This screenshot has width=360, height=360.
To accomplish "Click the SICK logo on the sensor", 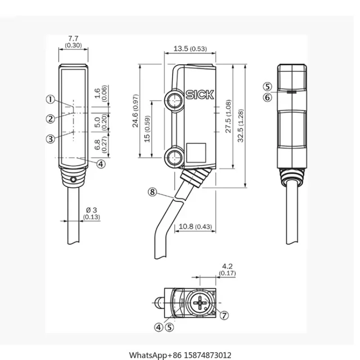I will coord(200,95).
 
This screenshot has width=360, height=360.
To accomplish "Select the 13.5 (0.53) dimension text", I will coord(190,49).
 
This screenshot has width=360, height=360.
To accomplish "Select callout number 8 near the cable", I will coord(153,192).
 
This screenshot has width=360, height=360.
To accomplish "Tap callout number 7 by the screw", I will coord(224,315).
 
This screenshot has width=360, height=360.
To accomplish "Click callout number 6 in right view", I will coord(268,97).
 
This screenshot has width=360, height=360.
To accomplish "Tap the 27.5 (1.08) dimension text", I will coord(229,116).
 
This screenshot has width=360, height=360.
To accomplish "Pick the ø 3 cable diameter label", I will coord(92,213).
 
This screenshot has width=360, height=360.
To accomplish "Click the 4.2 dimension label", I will coord(227,269).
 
